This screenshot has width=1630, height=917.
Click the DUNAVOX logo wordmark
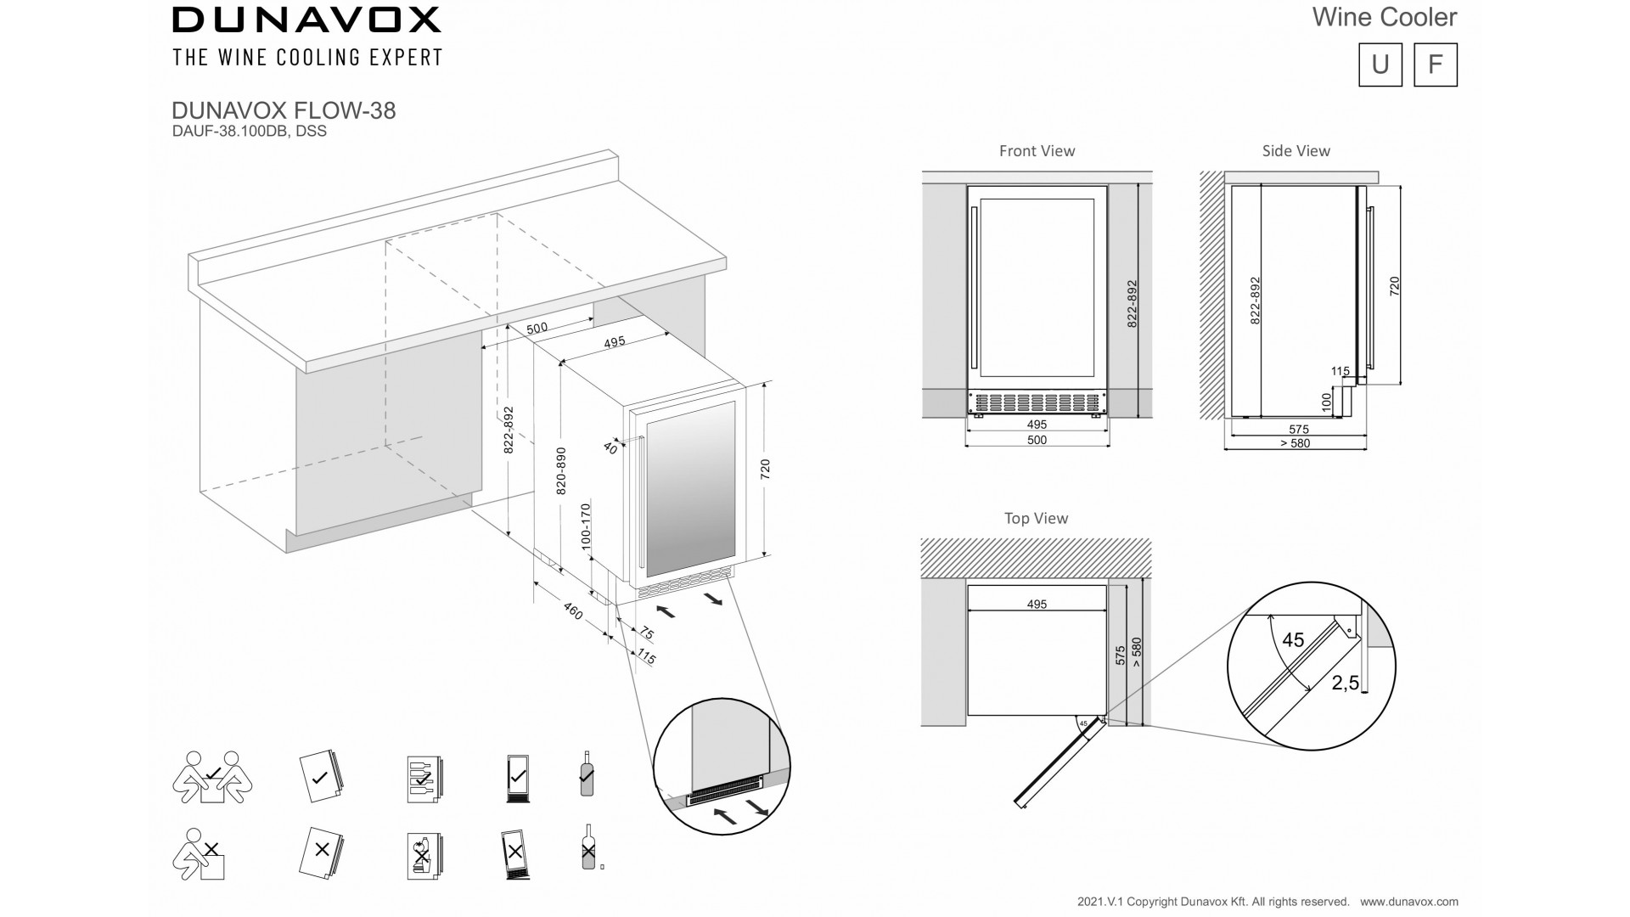(306, 20)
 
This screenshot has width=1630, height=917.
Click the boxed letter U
(1380, 65)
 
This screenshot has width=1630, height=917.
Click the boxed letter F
(1436, 65)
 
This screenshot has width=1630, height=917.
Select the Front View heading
(1037, 151)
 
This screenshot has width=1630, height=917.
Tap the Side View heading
(1296, 151)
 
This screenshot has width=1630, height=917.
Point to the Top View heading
(1036, 518)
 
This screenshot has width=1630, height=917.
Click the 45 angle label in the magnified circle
(1293, 640)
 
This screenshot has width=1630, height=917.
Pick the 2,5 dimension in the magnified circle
(1346, 683)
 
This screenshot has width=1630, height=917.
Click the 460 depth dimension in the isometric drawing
(573, 610)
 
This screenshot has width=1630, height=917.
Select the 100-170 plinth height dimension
(585, 526)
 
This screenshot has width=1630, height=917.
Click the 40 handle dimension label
(610, 447)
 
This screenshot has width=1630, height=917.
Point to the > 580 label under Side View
(1295, 443)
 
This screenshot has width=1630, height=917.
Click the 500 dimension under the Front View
(1037, 440)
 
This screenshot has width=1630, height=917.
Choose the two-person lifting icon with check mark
(211, 777)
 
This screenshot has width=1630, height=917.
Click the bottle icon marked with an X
(587, 847)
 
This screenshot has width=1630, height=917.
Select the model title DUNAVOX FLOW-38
(284, 111)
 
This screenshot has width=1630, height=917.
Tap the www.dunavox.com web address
(1409, 902)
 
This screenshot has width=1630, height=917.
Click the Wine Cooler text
(1385, 17)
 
